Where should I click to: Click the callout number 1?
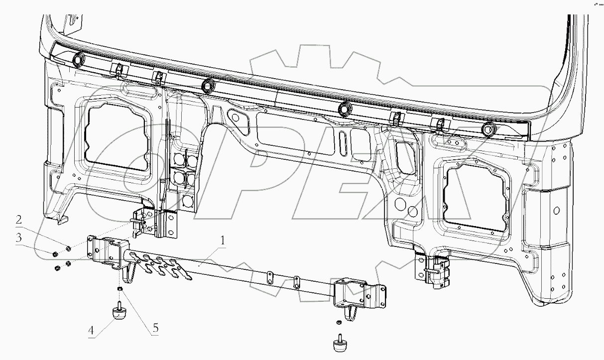pos(223,241)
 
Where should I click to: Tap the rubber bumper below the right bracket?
pos(339,344)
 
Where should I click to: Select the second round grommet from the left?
pos(207,86)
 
